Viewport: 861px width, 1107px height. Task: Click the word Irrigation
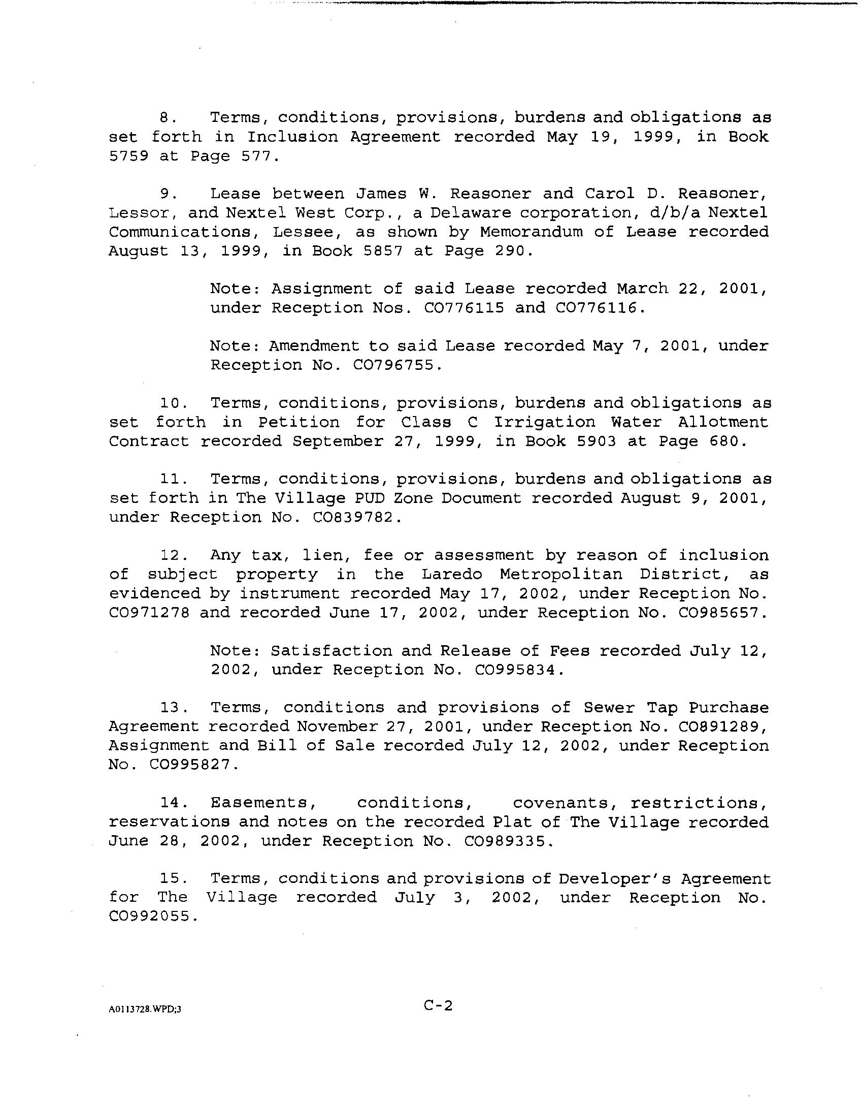pos(544,422)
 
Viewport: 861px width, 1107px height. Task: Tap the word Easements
pos(259,803)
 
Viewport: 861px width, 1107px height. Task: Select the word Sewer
pos(608,708)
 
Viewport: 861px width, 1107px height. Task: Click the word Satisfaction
pos(331,651)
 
